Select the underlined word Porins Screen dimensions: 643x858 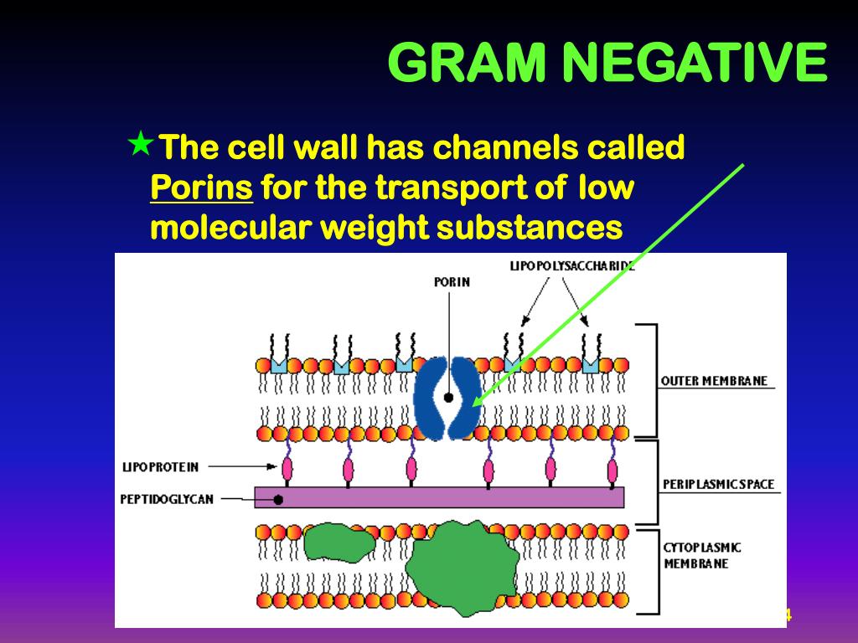[x=202, y=188]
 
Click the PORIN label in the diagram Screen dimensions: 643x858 [x=452, y=282]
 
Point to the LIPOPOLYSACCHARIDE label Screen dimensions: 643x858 [x=571, y=266]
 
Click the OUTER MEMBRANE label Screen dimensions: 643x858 [x=714, y=381]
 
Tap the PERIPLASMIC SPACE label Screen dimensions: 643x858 [x=718, y=484]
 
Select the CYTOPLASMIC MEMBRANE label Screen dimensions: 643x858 [x=702, y=555]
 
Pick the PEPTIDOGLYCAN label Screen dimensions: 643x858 [x=166, y=500]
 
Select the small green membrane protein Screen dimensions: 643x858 [x=339, y=544]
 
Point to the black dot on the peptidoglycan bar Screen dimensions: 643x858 [x=277, y=500]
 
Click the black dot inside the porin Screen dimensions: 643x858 [x=449, y=398]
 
